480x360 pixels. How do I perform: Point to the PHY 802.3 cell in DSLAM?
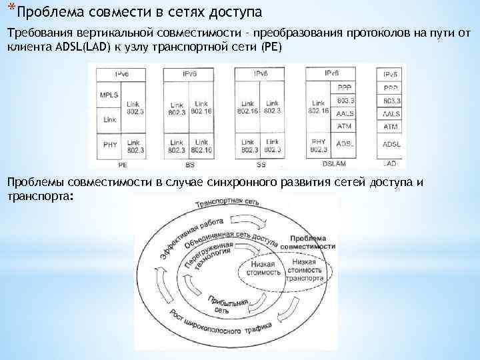click(x=319, y=145)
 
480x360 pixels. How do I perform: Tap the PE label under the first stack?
click(x=123, y=163)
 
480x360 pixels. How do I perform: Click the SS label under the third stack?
click(x=261, y=163)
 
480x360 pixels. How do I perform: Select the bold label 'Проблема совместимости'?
click(x=306, y=242)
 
